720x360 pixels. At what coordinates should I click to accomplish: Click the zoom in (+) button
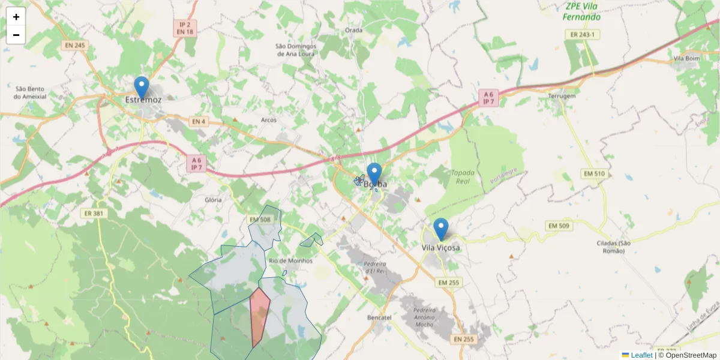point(16,17)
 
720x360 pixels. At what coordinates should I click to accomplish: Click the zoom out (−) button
point(16,35)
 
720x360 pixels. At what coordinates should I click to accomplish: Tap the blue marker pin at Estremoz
point(141,88)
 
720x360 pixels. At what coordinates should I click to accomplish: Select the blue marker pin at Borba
point(374,174)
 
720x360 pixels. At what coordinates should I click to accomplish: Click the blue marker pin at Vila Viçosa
point(441,229)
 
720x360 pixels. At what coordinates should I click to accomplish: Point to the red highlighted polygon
point(259,315)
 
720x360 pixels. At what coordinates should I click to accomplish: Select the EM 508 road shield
point(260,220)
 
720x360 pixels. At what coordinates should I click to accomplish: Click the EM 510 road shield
point(594,173)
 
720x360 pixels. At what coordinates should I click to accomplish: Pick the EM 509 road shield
point(559,226)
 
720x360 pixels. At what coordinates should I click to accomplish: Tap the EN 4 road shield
point(198,122)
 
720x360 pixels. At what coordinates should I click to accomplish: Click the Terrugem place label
point(562,96)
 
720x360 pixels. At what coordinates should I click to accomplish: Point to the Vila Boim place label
point(687,59)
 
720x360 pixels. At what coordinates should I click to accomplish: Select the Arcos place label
point(269,120)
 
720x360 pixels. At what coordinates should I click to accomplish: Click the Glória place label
point(213,200)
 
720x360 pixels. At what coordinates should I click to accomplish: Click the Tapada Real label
point(463,177)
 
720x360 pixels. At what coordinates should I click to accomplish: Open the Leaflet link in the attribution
point(641,355)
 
